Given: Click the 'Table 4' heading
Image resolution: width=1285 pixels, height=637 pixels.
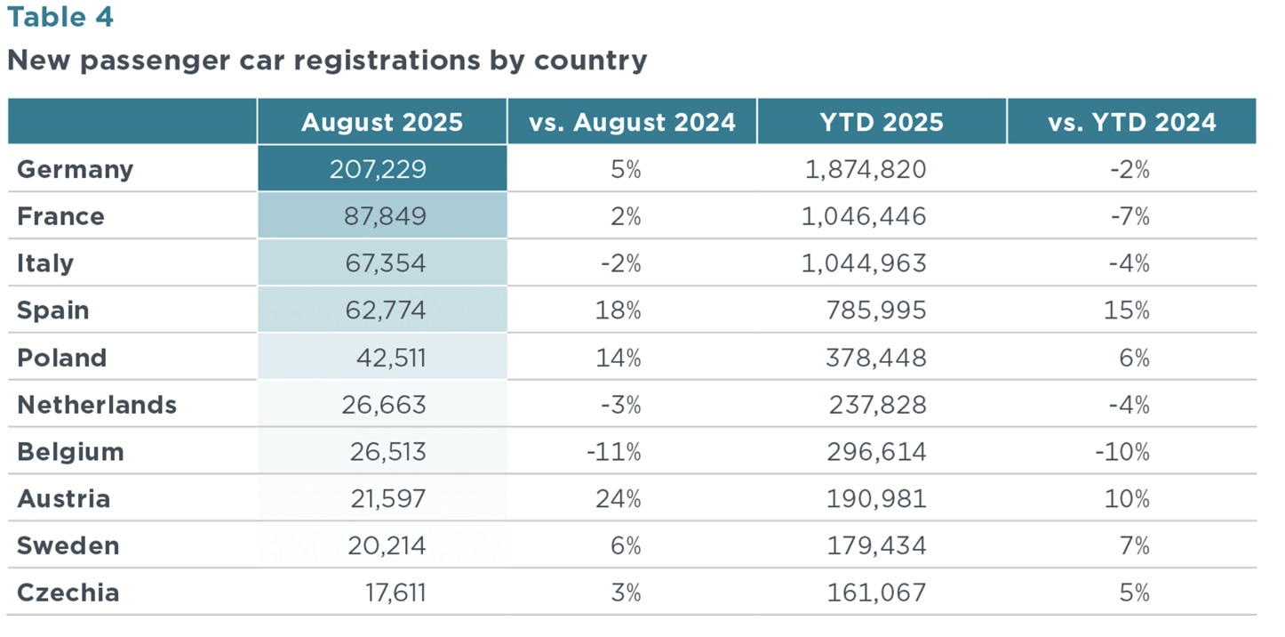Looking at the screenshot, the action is point(60,17).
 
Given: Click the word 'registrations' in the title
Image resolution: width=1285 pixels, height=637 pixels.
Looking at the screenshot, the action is point(387,60).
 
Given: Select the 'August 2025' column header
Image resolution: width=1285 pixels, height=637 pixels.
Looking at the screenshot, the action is point(382,123).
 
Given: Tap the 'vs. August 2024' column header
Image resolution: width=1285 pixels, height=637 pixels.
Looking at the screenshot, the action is point(632,123).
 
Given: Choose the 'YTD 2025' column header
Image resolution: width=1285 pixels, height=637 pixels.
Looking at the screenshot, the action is point(882,123).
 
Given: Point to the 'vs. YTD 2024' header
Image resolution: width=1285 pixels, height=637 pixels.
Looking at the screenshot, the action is point(1132,123).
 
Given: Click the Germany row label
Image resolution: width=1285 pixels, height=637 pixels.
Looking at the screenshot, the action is point(76,170).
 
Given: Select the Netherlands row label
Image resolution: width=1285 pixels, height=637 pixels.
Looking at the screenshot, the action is point(97,405).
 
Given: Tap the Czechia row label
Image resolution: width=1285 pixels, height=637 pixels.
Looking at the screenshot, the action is point(68,593).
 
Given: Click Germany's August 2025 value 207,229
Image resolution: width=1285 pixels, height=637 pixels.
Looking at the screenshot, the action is point(378,169).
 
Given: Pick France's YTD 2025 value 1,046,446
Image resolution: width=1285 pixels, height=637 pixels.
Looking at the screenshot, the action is point(864,216).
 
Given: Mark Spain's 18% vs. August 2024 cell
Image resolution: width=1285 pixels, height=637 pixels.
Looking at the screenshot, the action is point(618,310).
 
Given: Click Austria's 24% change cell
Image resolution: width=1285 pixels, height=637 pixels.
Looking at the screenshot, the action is point(618,499).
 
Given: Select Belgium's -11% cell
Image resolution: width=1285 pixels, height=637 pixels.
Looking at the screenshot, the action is point(614,452).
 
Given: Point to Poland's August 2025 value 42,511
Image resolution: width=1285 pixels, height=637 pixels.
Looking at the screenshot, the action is point(391,358).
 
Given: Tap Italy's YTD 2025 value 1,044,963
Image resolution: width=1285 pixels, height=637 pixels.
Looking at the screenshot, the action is point(864,263).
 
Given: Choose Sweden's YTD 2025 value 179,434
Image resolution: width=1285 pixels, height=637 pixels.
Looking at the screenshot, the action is point(876,545).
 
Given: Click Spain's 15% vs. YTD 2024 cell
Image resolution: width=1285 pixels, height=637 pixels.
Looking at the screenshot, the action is point(1127,310).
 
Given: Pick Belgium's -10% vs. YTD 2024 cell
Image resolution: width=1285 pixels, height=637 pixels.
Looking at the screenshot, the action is point(1122,452).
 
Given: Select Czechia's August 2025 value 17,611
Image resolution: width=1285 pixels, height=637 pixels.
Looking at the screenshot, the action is point(395,593).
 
